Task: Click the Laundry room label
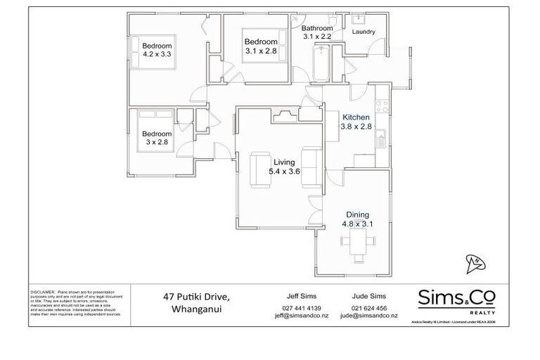(x=363, y=32)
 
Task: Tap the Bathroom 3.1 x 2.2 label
(x=316, y=32)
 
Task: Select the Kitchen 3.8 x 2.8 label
(x=356, y=122)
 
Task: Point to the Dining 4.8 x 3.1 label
(x=357, y=219)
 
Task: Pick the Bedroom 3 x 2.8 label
(x=157, y=137)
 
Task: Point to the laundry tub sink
(x=355, y=18)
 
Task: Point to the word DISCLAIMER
(x=43, y=291)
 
